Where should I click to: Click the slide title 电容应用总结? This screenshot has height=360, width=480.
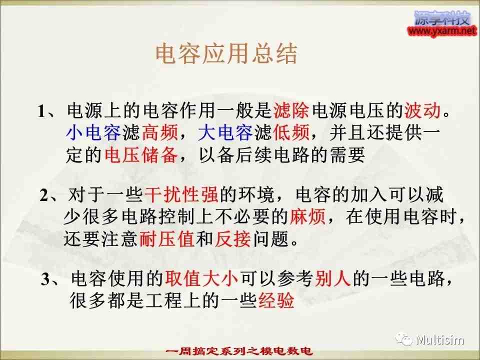[226, 54]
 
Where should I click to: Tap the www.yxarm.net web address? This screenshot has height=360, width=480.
[442, 30]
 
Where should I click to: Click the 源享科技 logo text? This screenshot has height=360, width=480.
[442, 18]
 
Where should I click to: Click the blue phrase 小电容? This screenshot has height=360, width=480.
[93, 132]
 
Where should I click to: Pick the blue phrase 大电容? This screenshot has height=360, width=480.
[225, 132]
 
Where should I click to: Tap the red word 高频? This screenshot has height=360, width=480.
[160, 132]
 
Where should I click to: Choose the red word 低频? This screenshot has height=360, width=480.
[291, 132]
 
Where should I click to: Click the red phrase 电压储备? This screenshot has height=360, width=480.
[141, 154]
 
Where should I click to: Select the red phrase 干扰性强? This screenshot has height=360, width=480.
[181, 194]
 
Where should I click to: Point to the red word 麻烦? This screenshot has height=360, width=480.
[307, 216]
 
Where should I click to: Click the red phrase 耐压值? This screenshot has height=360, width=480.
[167, 238]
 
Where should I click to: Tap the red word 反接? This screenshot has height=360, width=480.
[232, 238]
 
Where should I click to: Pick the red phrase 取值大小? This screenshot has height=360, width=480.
[201, 278]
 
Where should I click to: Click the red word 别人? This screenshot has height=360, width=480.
[332, 278]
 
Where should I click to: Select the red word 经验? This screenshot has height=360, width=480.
[276, 300]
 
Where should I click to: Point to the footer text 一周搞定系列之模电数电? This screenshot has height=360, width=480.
[239, 351]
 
